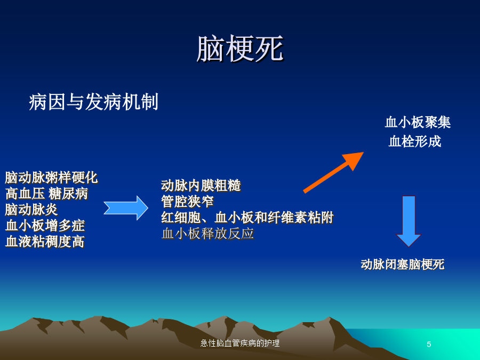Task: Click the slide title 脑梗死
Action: click(240, 49)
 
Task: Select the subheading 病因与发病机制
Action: click(93, 102)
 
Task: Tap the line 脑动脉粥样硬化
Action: click(51, 178)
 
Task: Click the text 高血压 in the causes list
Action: click(25, 194)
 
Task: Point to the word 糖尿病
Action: click(68, 194)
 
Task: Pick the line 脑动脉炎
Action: click(31, 210)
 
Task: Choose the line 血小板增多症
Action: click(45, 226)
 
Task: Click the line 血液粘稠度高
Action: click(45, 242)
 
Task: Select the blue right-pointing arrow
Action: click(126, 208)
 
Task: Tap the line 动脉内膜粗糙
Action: click(201, 186)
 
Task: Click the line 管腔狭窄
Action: click(187, 202)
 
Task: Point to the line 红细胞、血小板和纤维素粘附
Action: click(247, 218)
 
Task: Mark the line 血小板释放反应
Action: click(208, 234)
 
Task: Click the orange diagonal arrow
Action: click(333, 172)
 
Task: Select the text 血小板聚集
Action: click(418, 122)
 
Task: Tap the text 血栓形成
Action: click(415, 141)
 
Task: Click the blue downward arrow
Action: click(409, 221)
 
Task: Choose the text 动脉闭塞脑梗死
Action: click(403, 265)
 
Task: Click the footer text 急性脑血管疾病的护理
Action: click(240, 343)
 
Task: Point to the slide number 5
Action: click(429, 345)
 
